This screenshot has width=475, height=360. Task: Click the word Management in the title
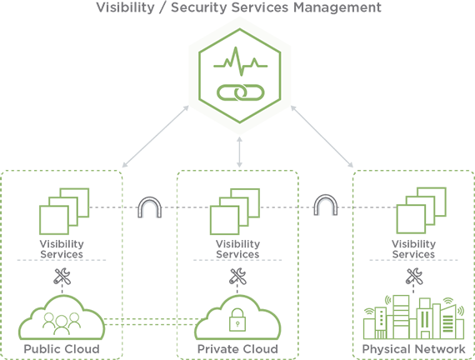click(337, 7)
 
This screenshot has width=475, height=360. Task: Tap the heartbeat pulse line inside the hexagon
click(241, 62)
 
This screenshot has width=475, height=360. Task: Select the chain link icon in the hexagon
click(241, 92)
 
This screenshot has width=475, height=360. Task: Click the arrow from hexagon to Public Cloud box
click(155, 137)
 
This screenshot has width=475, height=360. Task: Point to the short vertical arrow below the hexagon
click(239, 152)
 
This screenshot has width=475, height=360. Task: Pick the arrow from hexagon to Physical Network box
click(322, 137)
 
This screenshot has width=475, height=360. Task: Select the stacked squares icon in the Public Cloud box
click(64, 211)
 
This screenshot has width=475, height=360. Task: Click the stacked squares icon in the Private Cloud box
click(235, 211)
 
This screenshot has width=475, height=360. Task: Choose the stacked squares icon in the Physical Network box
click(422, 211)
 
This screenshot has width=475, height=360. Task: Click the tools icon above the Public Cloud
click(62, 277)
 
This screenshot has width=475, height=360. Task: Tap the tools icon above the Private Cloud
click(237, 276)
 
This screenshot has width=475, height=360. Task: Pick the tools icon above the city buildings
click(414, 276)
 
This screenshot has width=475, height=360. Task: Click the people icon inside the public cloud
click(62, 323)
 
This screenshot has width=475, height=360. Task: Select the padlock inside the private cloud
click(237, 320)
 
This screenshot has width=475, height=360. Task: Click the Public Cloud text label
click(62, 349)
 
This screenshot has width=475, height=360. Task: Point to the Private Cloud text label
click(237, 349)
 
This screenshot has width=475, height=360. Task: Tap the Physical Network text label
click(414, 349)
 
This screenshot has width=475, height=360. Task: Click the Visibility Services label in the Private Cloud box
click(237, 249)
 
